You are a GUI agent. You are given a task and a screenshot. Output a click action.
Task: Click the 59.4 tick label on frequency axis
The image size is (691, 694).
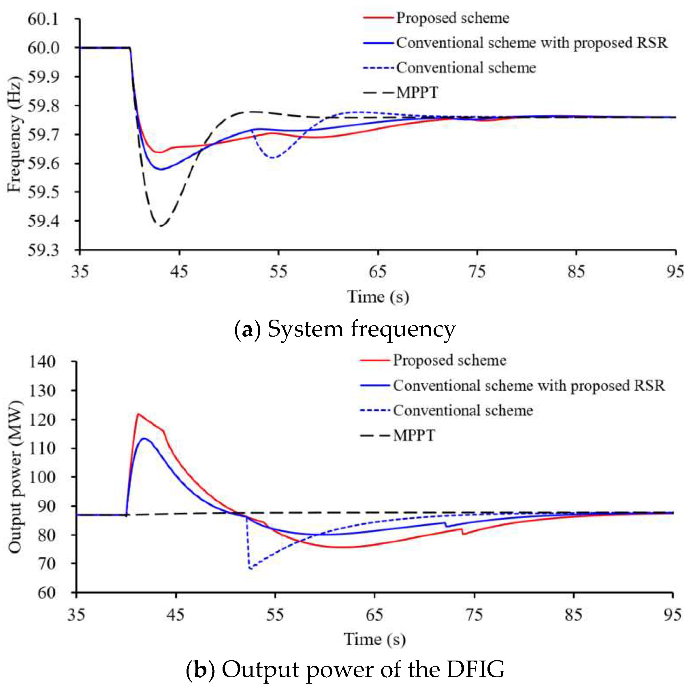(43, 221)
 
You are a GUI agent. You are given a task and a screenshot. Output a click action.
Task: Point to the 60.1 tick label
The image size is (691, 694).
(43, 19)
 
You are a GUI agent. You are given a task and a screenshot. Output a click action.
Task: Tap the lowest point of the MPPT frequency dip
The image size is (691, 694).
(161, 226)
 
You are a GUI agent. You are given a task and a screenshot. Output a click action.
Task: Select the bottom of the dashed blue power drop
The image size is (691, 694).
(251, 568)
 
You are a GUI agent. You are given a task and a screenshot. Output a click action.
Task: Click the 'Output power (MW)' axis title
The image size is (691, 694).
(14, 477)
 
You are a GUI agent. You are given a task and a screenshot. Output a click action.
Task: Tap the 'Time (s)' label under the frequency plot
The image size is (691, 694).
(378, 297)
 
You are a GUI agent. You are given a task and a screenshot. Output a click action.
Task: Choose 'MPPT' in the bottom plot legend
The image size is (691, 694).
(414, 436)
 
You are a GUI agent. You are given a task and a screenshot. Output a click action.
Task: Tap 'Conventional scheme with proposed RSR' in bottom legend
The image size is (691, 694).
(529, 386)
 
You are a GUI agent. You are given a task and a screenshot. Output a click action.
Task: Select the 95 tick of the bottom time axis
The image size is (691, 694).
(672, 615)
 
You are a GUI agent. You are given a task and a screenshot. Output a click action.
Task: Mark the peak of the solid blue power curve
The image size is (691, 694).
(144, 439)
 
